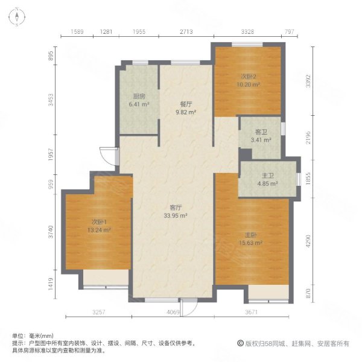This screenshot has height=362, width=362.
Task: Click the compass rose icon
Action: (17, 17)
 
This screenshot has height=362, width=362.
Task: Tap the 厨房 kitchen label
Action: (139, 96)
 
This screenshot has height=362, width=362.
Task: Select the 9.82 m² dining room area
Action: (186, 112)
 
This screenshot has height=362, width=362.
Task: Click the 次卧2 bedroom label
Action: (249, 77)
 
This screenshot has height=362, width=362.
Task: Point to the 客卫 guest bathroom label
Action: (261, 132)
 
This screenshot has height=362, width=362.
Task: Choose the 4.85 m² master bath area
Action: (267, 184)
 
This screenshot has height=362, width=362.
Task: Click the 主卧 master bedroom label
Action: (251, 235)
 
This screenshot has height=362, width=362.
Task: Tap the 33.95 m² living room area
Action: (176, 215)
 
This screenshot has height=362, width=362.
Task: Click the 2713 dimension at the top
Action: (186, 31)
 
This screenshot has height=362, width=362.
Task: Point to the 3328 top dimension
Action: (247, 31)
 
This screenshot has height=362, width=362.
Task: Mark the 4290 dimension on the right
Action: (308, 241)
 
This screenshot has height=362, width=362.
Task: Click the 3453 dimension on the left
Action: (51, 100)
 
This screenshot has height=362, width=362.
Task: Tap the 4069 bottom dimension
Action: (173, 312)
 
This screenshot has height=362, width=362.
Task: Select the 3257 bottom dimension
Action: (99, 312)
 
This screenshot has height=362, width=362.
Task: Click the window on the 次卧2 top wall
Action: (247, 44)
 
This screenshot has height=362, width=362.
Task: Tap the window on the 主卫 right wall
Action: (299, 179)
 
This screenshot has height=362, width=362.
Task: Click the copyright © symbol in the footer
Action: (240, 343)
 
